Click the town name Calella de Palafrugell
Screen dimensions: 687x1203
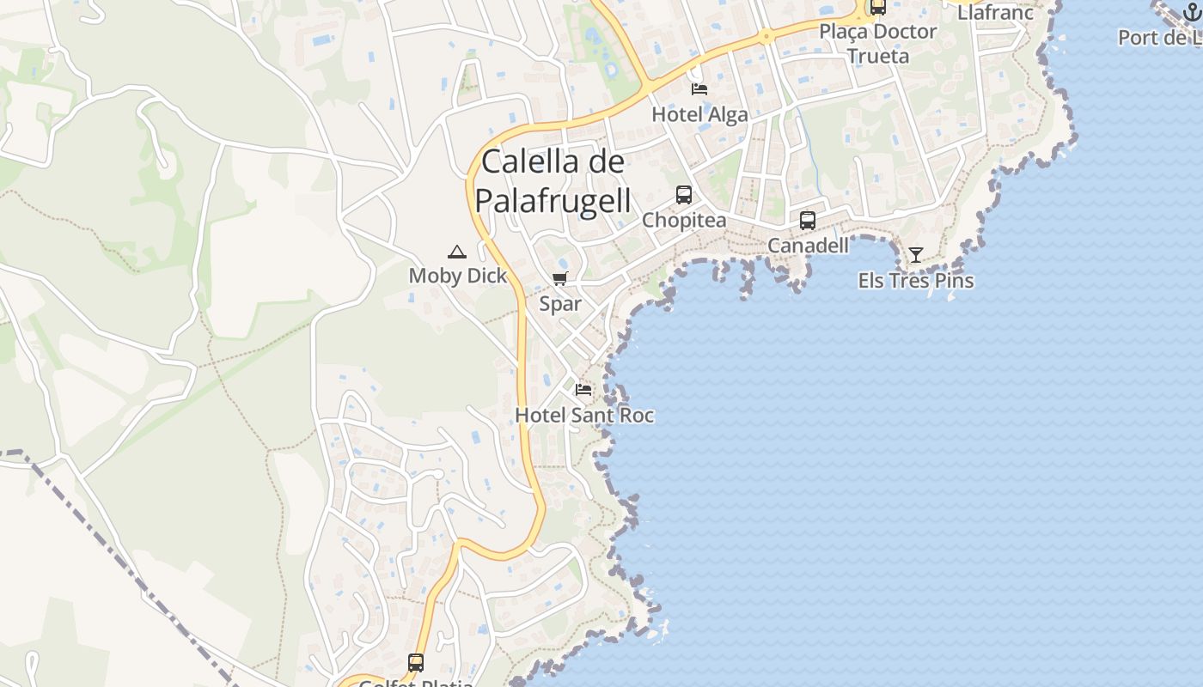553,180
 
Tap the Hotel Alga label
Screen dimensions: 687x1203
699,114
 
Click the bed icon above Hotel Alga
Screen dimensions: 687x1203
699,88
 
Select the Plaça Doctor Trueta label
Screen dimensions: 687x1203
877,44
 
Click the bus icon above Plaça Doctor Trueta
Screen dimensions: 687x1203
877,7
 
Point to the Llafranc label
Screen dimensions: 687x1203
995,12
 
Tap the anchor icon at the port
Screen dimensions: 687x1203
1191,11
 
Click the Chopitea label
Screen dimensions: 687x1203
684,220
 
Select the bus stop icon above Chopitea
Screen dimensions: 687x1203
684,195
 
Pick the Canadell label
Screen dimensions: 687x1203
808,246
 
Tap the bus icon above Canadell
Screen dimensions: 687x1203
808,221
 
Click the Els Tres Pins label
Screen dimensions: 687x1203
916,281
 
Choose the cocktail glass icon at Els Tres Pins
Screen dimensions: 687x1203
916,255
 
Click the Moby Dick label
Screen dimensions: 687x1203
458,276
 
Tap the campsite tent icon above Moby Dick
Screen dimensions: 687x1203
456,252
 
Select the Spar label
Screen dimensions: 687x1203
560,304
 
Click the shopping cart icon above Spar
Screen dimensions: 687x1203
560,278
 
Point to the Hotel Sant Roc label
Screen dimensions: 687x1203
584,416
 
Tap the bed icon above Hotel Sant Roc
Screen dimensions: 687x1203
584,390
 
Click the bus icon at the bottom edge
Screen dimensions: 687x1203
416,663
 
